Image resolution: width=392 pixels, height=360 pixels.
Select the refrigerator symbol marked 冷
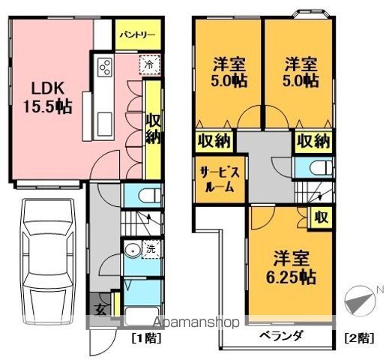(148, 64)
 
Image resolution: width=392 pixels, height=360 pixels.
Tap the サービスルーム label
(217, 179)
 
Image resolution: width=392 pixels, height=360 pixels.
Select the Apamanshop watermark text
(196, 322)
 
